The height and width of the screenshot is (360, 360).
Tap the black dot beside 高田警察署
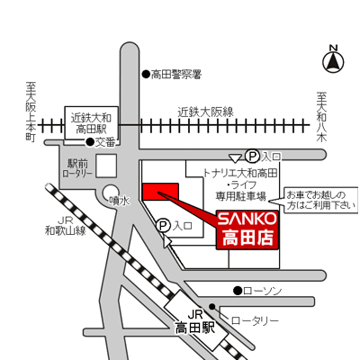pos(146,74)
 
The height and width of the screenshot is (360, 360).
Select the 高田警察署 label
pos(175,75)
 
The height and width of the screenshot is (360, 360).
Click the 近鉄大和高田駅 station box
pos(92,123)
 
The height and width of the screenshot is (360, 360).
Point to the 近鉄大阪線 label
pos(205,112)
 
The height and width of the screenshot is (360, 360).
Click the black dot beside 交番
pos(90,142)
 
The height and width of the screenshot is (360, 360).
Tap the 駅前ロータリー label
pos(77,168)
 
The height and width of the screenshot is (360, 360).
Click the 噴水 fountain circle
pos(112,193)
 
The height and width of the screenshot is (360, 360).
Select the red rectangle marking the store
pos(160,192)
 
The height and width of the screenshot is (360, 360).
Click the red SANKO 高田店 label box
pos(247,229)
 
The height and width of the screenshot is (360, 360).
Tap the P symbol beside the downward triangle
pos(252,156)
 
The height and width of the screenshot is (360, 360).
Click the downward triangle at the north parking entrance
pos(235,158)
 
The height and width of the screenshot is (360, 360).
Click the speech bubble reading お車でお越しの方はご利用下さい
pos(320,200)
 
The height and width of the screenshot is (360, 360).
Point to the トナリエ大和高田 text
pos(240,173)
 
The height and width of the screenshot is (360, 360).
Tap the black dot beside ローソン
pos(238,291)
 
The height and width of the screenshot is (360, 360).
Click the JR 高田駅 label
pos(195,322)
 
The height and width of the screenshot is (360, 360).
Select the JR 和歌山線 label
pos(66,226)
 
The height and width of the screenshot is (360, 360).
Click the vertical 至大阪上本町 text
pos(31,112)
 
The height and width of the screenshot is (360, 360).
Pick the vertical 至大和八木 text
pos(322,116)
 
